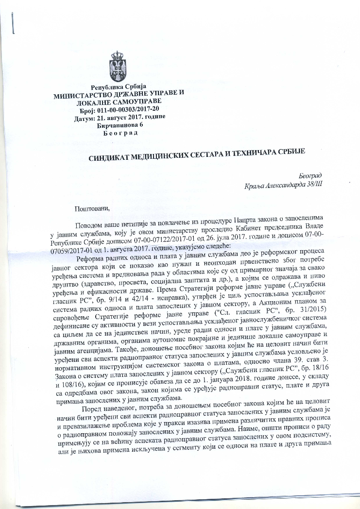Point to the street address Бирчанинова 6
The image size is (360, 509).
point(120,125)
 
